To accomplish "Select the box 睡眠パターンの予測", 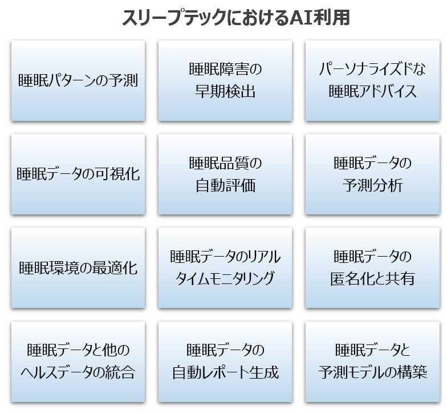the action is (78, 80).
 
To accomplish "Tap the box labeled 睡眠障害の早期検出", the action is (225, 80).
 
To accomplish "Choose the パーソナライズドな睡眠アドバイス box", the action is (372, 80).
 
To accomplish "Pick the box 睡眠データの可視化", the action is (78, 174).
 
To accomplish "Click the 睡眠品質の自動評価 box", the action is (225, 174).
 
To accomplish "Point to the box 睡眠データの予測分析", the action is (372, 174).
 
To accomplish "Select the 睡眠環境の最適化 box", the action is (78, 267).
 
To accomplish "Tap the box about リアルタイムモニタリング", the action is (225, 267).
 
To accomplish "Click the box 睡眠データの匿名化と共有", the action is (372, 267).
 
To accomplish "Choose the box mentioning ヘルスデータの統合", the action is (78, 362).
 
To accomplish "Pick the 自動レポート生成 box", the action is (225, 362).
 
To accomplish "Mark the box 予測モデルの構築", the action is (372, 362).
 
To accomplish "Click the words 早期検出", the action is (225, 91).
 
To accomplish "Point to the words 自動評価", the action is (225, 185).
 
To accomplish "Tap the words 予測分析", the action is (372, 185).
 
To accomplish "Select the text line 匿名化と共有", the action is (372, 279).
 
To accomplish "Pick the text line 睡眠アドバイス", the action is (372, 91).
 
